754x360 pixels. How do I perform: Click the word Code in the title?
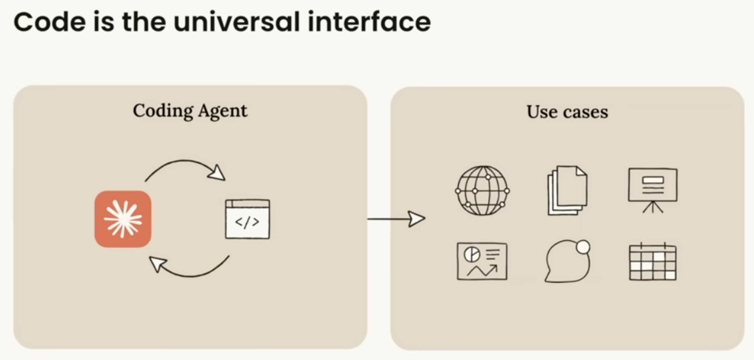tap(49, 22)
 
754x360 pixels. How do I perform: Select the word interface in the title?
tap(369, 22)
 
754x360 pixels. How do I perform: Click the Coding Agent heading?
tap(190, 111)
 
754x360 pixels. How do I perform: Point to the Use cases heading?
tap(567, 112)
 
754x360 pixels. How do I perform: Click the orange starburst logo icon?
tap(123, 219)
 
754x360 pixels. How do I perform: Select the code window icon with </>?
tap(247, 219)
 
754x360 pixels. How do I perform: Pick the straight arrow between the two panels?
tap(396, 219)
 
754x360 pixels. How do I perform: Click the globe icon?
tap(482, 191)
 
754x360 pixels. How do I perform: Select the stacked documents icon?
tap(567, 191)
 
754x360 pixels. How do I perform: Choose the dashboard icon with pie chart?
tap(482, 261)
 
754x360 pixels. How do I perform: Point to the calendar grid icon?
tap(653, 262)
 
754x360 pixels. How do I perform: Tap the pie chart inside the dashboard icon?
tap(472, 254)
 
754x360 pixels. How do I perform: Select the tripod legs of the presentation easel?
tap(653, 207)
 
